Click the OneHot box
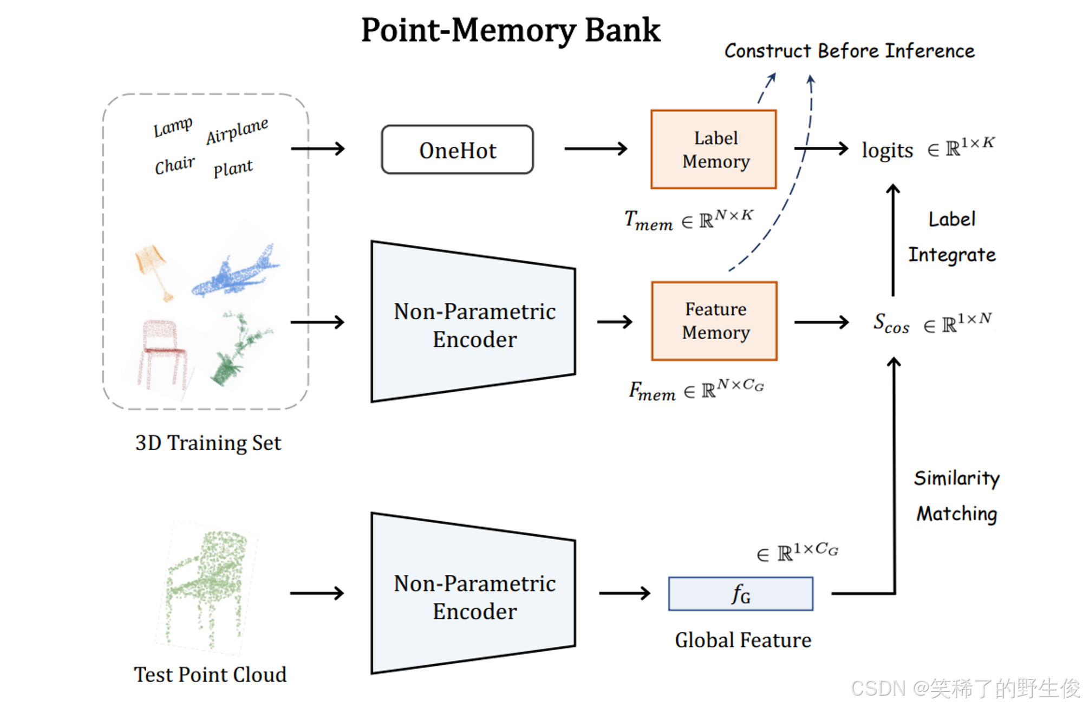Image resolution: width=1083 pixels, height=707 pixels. (457, 150)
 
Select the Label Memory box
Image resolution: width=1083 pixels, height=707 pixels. (713, 150)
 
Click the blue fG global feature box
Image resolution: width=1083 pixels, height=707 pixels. (740, 594)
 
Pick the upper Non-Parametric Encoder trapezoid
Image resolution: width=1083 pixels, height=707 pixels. (473, 323)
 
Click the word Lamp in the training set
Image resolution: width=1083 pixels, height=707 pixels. (172, 127)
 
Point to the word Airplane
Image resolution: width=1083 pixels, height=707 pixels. (237, 131)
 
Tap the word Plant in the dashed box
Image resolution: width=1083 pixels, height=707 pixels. (232, 168)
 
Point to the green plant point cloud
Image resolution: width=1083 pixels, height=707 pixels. (238, 347)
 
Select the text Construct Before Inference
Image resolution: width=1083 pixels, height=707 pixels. (849, 51)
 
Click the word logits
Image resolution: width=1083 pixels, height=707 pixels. (887, 150)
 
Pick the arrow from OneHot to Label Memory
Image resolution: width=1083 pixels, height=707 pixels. (595, 148)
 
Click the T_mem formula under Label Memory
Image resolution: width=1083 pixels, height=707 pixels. (688, 220)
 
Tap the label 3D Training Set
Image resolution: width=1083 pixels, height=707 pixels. (208, 443)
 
